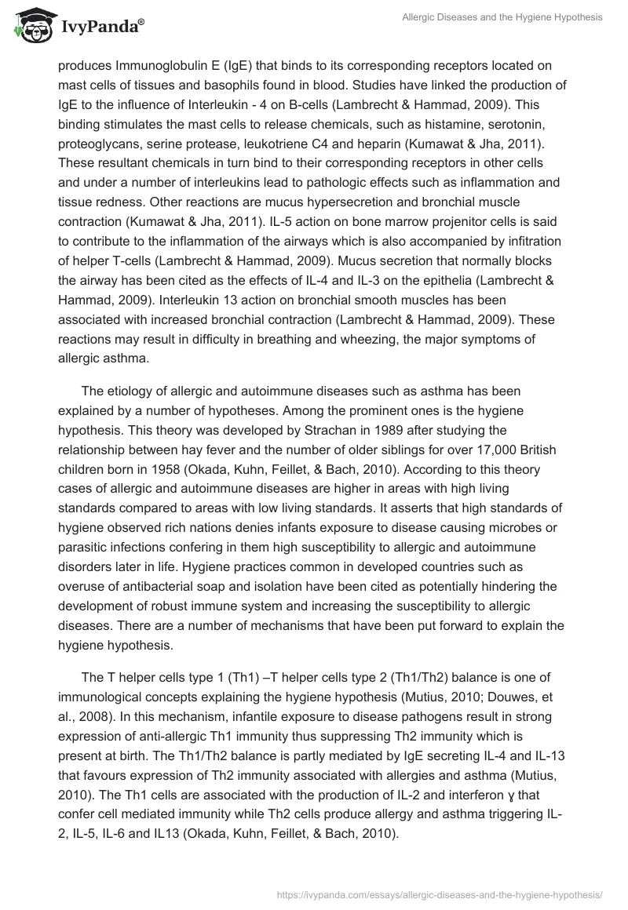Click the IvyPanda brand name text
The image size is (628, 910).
click(100, 27)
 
